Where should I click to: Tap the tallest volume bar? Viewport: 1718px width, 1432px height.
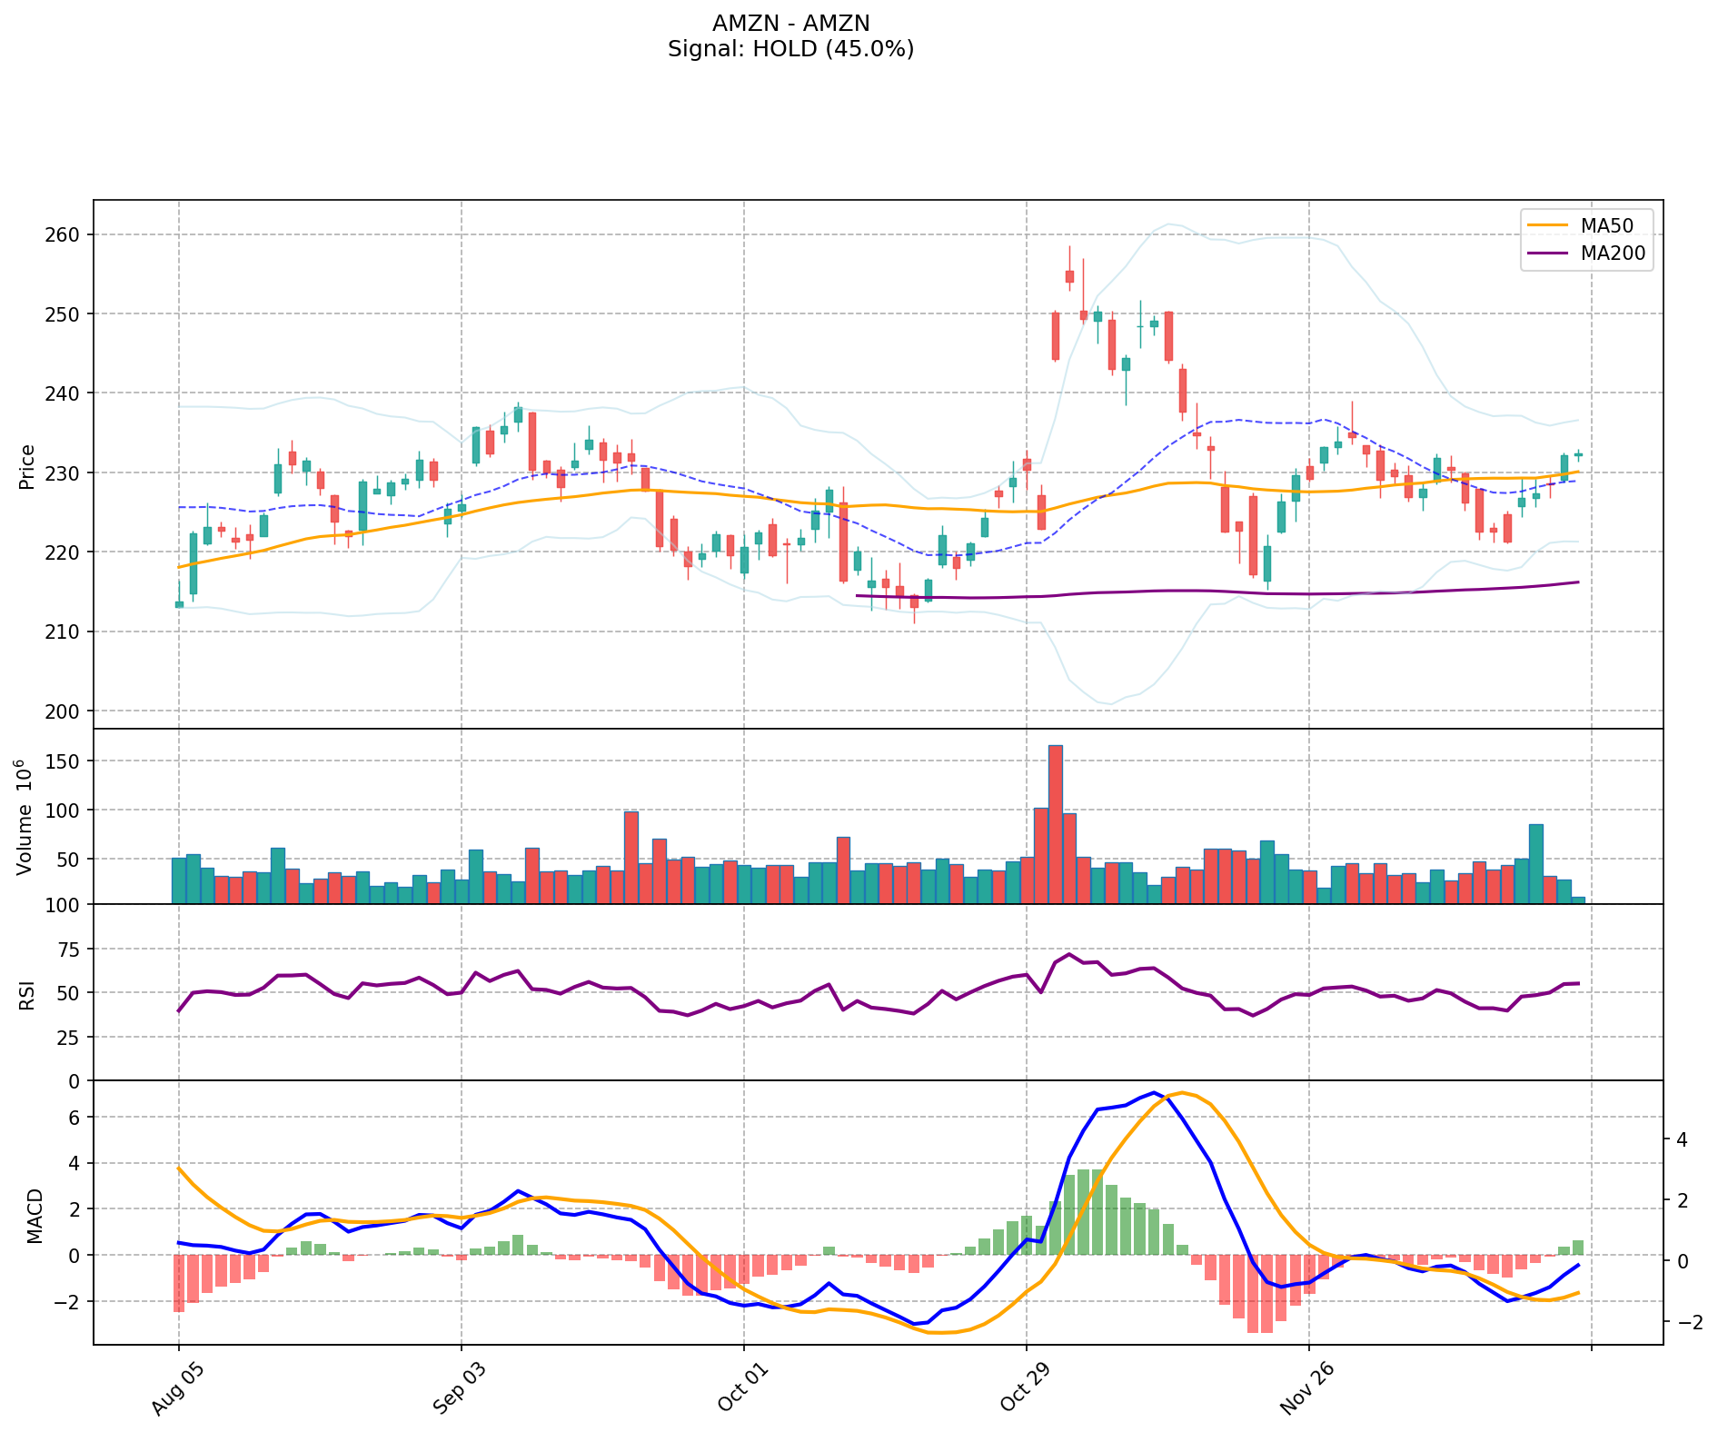[x=1055, y=823]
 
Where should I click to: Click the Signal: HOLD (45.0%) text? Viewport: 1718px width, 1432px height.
[x=790, y=49]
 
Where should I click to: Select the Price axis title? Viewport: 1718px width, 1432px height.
[x=27, y=466]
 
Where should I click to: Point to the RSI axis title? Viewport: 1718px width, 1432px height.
[x=27, y=994]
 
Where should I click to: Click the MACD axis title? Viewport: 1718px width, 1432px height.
[x=35, y=1215]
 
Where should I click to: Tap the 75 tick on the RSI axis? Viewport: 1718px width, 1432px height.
[x=69, y=949]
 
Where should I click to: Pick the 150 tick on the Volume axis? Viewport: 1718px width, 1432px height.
[x=64, y=761]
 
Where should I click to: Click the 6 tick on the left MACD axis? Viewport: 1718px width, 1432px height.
[x=75, y=1117]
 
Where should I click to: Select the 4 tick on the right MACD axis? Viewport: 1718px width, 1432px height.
[x=1682, y=1139]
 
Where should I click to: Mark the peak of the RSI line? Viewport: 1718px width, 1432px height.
[x=1069, y=954]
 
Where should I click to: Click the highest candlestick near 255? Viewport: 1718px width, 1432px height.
[x=1069, y=275]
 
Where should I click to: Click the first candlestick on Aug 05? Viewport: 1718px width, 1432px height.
[x=179, y=603]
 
